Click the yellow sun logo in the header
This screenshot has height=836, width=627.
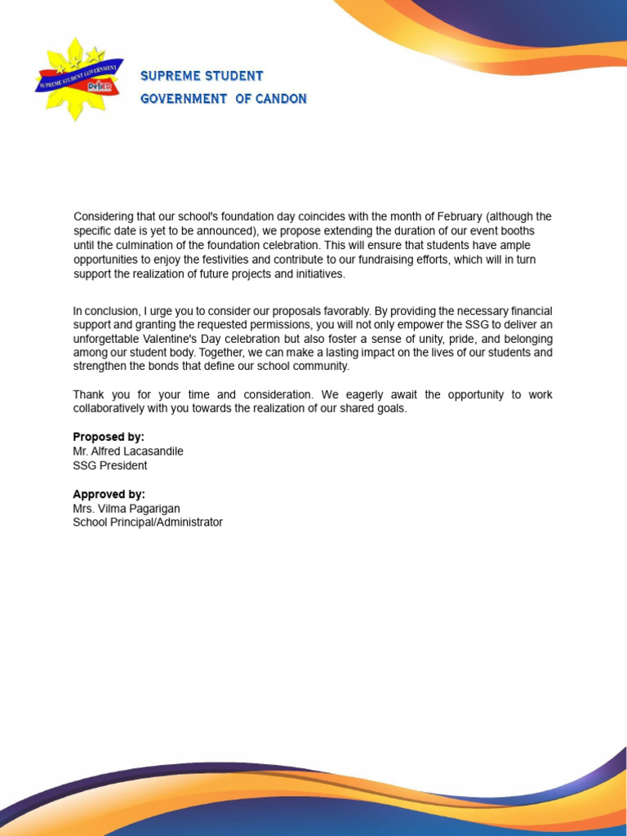(x=78, y=79)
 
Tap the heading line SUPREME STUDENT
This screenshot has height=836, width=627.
(x=202, y=76)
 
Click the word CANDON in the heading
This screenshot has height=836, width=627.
(x=282, y=99)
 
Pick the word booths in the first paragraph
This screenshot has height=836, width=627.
(x=518, y=231)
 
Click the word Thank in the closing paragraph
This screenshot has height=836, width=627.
(x=88, y=394)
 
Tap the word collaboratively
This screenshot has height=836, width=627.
(x=113, y=408)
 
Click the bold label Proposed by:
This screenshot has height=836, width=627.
(x=109, y=437)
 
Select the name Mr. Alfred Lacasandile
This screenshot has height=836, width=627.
(x=128, y=451)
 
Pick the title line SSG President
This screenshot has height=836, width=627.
(x=110, y=465)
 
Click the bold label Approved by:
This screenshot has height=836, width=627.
(x=109, y=494)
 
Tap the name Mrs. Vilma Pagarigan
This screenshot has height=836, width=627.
(x=127, y=509)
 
